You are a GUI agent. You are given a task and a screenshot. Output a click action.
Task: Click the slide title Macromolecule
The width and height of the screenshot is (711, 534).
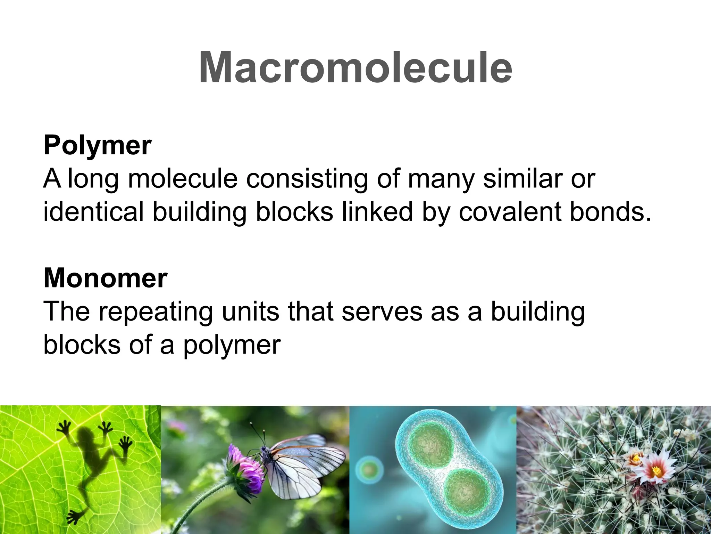tap(355, 68)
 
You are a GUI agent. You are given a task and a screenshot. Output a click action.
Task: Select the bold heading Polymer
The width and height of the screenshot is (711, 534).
tap(97, 145)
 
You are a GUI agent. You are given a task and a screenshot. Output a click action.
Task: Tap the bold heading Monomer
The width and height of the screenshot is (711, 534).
tap(105, 278)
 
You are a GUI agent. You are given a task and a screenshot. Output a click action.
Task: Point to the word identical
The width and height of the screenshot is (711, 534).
tap(93, 212)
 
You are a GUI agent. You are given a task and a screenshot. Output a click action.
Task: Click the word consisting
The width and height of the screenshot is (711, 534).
tap(307, 179)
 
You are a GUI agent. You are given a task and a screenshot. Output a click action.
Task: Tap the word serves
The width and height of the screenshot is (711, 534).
tap(382, 312)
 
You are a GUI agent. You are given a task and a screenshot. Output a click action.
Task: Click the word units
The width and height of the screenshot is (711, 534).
tap(250, 312)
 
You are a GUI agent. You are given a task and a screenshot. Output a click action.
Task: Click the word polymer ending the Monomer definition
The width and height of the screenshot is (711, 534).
tap(232, 345)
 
